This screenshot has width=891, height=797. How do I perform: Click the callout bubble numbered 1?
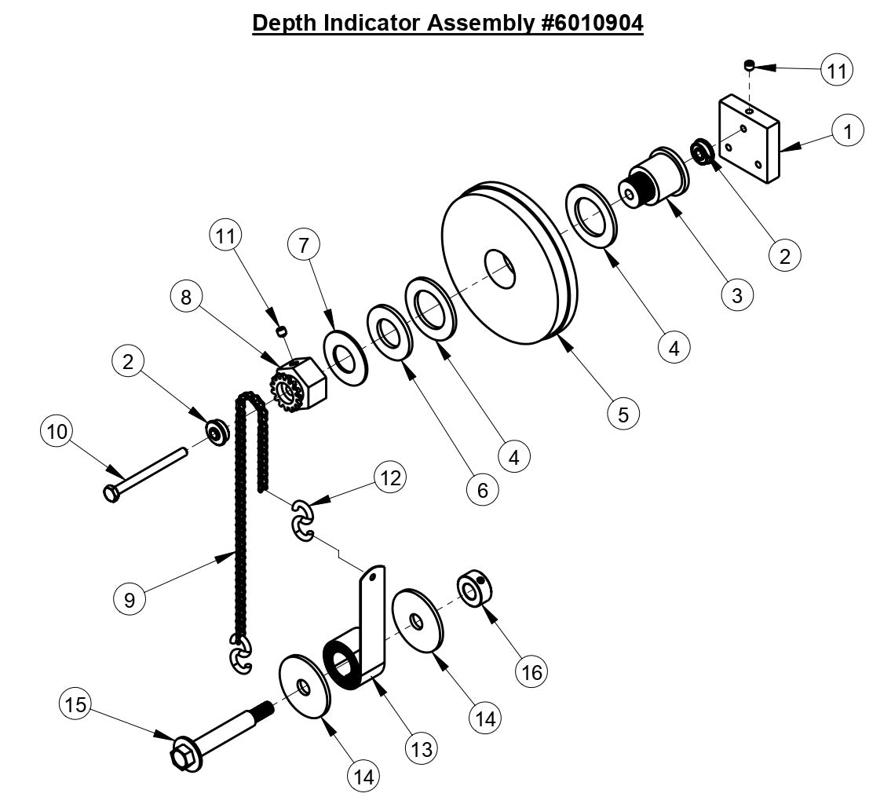click(x=847, y=131)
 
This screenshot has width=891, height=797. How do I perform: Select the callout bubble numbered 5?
click(x=623, y=414)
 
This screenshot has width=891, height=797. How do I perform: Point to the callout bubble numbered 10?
click(x=59, y=431)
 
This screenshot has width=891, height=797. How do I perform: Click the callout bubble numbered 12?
click(x=390, y=477)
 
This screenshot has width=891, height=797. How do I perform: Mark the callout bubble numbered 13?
click(x=422, y=748)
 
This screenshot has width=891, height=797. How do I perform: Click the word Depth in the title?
click(x=283, y=23)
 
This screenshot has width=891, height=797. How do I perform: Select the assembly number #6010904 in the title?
click(x=591, y=23)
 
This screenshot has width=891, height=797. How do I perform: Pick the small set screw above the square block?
click(x=750, y=64)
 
